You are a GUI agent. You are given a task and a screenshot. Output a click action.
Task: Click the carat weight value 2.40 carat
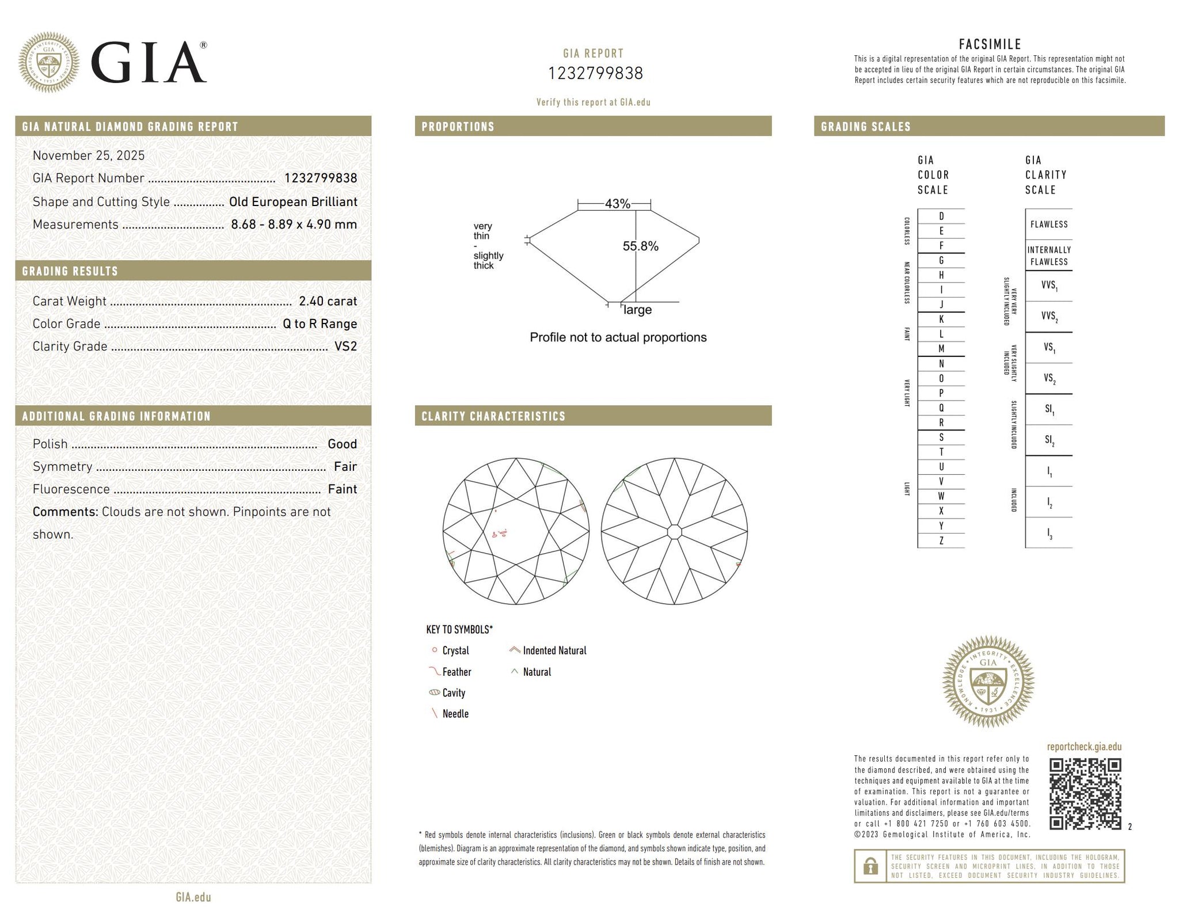(328, 301)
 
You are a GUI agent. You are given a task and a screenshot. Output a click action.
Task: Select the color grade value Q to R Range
(320, 323)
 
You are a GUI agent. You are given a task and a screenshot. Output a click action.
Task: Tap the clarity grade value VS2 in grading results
(345, 346)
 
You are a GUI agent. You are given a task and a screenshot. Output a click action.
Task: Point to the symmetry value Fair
(345, 466)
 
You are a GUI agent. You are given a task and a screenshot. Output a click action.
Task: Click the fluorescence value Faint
(343, 489)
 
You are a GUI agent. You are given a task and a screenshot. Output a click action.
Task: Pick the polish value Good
(343, 444)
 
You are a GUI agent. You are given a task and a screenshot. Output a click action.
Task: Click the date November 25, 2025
(89, 155)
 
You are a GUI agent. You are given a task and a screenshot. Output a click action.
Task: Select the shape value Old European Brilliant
(293, 201)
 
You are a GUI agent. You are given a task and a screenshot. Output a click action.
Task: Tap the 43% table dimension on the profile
(618, 204)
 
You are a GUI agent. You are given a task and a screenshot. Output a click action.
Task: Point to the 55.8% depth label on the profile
(640, 246)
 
